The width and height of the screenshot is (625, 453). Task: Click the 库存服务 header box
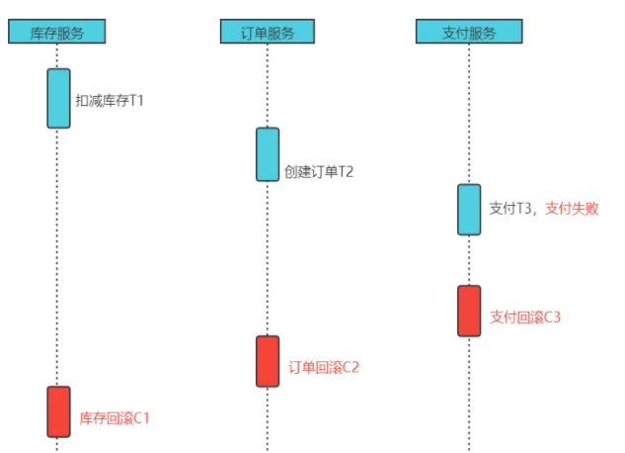coord(57,32)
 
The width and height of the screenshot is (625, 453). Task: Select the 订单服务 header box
coord(268,32)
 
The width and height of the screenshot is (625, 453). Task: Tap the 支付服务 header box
coord(469,32)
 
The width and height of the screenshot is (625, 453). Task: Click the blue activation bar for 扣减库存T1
coord(59,98)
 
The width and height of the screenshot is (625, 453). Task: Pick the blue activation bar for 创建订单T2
coord(268,154)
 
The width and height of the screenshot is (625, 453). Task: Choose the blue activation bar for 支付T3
coord(469,210)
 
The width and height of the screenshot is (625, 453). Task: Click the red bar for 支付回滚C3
coord(469,311)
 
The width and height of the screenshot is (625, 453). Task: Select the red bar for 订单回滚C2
coord(268,361)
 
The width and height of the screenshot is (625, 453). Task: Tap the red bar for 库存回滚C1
coord(59,411)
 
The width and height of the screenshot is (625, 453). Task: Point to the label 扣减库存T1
coord(110,100)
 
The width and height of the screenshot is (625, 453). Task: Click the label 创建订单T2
coord(319,171)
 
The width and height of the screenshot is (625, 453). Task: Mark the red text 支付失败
coord(572,209)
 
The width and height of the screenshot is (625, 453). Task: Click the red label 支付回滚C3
coord(525,317)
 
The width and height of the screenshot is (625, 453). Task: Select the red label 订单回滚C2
coord(324,367)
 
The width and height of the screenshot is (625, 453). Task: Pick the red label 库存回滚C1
coord(115,417)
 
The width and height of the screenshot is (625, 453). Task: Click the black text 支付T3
coord(511,209)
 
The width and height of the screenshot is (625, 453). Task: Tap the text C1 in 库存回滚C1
coord(140,417)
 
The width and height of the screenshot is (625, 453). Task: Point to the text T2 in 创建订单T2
coord(345,171)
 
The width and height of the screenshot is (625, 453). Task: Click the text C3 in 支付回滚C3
coord(551,317)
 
